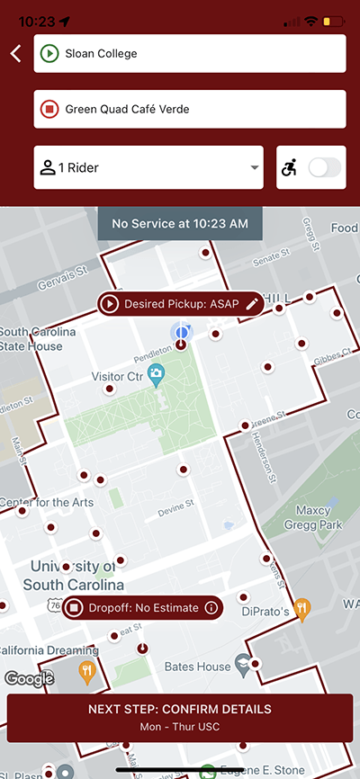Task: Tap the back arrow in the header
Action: coord(15,54)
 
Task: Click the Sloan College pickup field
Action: coord(190,54)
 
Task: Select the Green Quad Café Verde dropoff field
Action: coord(190,109)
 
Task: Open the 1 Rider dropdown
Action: coord(148,167)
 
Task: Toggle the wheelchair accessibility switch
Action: coord(325,167)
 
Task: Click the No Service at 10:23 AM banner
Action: coord(180,223)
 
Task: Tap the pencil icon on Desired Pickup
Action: coord(252,304)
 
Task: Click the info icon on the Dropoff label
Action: coord(211,608)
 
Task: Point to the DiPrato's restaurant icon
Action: coord(302,607)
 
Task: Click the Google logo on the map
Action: coord(29,679)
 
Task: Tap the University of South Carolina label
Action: coord(73,575)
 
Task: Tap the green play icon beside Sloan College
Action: coord(49,54)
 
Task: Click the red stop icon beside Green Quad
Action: coord(49,109)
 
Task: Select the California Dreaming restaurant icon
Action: coord(86,669)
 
